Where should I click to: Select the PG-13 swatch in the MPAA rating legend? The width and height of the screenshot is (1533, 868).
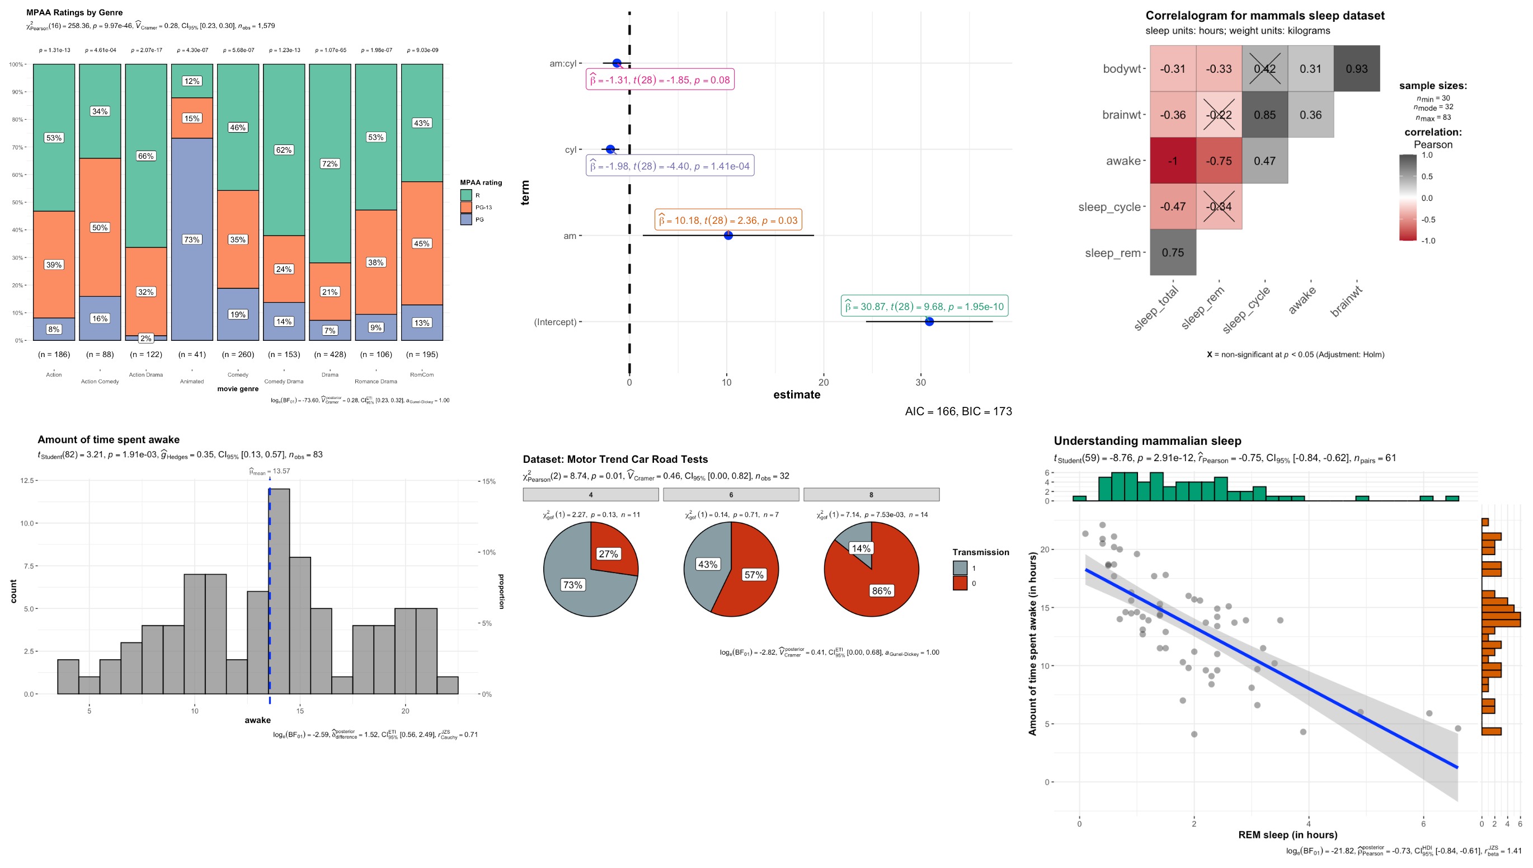coord(466,208)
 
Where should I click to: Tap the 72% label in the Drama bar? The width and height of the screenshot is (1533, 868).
coord(330,164)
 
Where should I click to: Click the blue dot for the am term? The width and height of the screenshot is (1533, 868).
coord(728,236)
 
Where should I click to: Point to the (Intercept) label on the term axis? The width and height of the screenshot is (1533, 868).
coord(555,322)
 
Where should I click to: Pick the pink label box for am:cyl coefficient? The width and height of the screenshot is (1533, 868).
coord(660,80)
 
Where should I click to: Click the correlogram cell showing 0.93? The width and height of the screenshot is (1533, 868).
coord(1356,69)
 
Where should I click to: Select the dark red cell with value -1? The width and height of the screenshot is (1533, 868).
coord(1172,161)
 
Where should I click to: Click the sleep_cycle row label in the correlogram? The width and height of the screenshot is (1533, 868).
coord(1109,207)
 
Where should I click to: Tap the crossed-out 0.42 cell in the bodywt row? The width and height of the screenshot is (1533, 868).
coord(1264,69)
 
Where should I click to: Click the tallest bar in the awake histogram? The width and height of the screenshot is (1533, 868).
coord(279,590)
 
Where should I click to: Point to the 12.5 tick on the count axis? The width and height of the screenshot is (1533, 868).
coord(27,481)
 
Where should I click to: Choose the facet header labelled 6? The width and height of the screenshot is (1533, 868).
coord(731,495)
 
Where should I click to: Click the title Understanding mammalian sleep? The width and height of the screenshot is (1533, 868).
coord(1147,441)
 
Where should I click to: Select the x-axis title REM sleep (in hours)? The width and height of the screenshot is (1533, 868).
coord(1287,834)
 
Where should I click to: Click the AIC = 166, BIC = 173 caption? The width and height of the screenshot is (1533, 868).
coord(957,411)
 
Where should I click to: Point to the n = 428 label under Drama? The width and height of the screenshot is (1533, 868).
coord(330,354)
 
